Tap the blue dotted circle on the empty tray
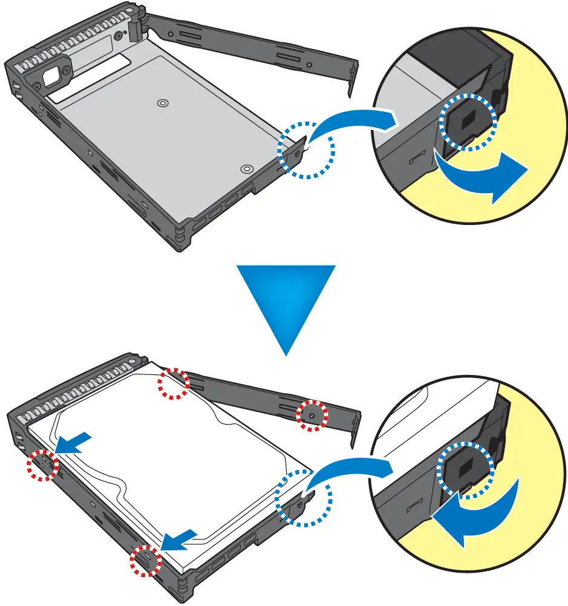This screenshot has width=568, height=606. point(306,149)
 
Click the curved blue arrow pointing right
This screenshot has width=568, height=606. point(484,177)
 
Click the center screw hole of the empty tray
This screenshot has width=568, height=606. point(162,104)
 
